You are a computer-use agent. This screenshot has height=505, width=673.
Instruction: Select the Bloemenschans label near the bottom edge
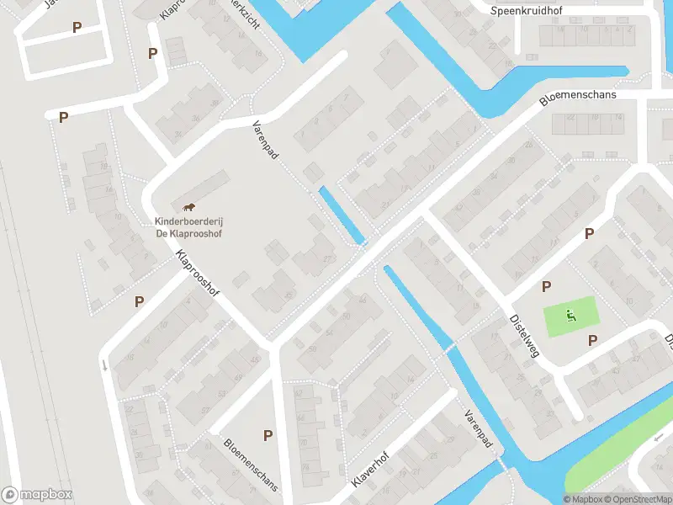(251, 467)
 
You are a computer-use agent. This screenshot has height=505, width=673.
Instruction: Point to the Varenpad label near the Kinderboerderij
(265, 140)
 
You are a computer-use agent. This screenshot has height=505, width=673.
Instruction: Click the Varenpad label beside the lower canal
(476, 428)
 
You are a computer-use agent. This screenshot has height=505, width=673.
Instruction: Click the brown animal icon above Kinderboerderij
(190, 207)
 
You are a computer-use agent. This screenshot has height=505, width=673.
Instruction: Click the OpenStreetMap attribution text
(636, 499)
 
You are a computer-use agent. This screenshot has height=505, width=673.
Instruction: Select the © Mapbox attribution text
(584, 499)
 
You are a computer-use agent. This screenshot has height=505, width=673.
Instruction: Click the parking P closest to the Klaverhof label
(268, 435)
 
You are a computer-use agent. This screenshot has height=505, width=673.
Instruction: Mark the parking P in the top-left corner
(77, 27)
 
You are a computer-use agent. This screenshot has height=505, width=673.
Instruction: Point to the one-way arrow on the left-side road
(105, 365)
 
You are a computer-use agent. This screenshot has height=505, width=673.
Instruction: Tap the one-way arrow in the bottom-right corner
(660, 439)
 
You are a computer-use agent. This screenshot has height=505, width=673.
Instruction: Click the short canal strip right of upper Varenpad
(342, 215)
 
